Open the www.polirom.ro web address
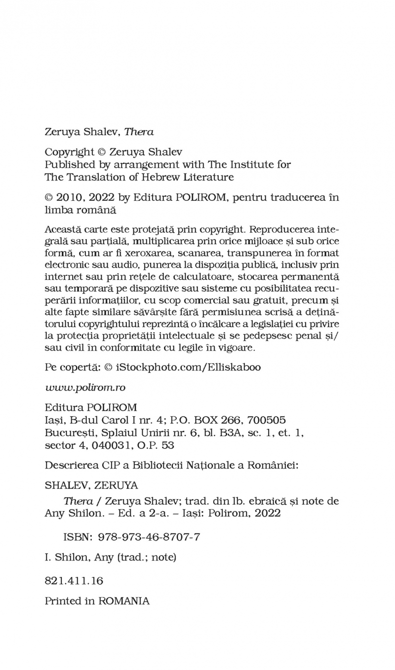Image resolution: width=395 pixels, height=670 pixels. [x=85, y=387]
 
